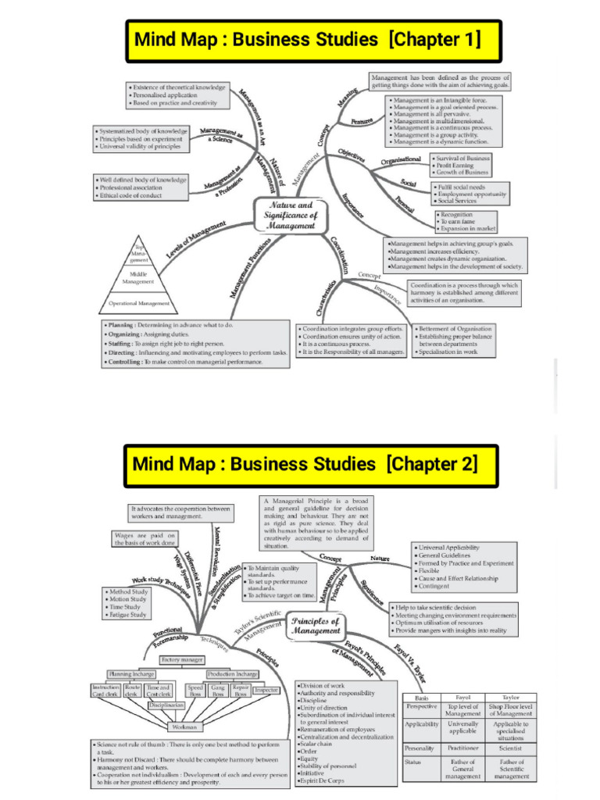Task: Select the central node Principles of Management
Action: pos(315,625)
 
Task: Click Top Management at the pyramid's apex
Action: pos(137,255)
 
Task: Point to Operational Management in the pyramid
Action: pos(137,302)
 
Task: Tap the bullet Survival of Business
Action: pos(464,158)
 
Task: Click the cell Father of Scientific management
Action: pos(512,770)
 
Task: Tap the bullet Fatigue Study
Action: pos(127,615)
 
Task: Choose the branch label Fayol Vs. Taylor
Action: pos(411,662)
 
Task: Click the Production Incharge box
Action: pos(232,673)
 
